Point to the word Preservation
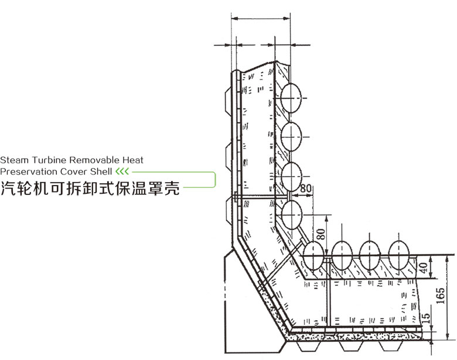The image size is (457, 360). click(26, 172)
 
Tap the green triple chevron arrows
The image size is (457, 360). click(121, 172)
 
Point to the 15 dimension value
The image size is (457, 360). click(427, 320)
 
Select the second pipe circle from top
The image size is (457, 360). click(291, 136)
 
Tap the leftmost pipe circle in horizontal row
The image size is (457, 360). click(315, 256)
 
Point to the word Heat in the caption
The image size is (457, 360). click(134, 160)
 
